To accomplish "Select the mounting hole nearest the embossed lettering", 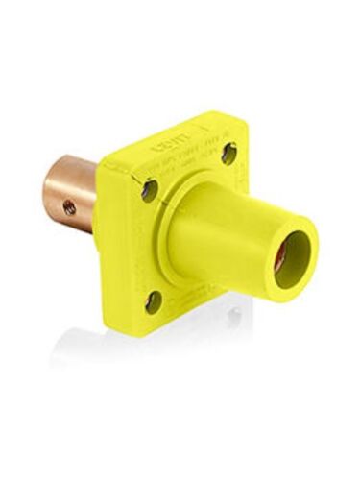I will [228, 152].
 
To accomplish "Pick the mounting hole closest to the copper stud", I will [150, 189].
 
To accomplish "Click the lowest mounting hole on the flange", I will [154, 301].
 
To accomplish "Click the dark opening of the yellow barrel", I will [293, 253].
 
